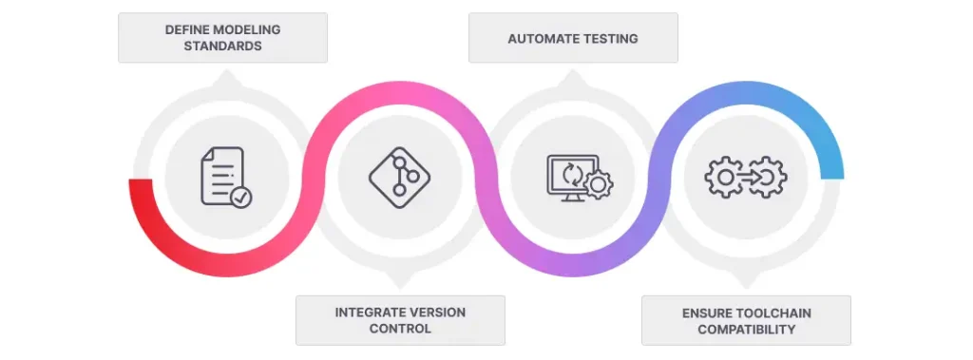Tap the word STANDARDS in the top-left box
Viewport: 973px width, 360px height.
click(x=222, y=46)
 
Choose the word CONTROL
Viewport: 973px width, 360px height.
click(x=400, y=329)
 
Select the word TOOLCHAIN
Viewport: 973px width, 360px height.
click(x=774, y=312)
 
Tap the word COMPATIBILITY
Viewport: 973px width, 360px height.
click(x=746, y=329)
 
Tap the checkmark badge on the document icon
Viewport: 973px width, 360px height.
click(x=241, y=198)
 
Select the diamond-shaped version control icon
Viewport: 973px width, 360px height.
click(x=400, y=178)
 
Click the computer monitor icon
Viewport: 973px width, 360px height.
click(x=571, y=177)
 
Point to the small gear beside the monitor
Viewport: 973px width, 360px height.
click(x=599, y=185)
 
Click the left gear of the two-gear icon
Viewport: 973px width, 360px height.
click(x=725, y=178)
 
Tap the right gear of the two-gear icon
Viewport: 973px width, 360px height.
click(x=767, y=178)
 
